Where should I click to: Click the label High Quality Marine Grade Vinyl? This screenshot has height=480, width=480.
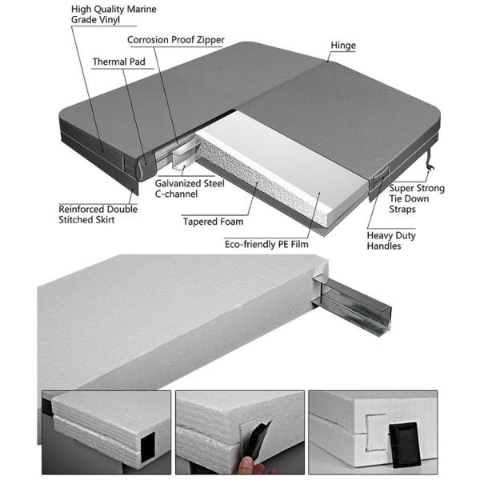pyautogui.click(x=114, y=14)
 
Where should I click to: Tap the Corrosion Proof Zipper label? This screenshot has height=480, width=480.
pyautogui.click(x=176, y=40)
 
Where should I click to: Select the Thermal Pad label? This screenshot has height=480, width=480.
pyautogui.click(x=118, y=62)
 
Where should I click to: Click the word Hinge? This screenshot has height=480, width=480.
pyautogui.click(x=343, y=46)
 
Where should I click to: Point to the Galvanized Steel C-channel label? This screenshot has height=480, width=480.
pyautogui.click(x=190, y=189)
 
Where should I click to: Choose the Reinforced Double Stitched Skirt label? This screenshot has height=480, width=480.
pyautogui.click(x=98, y=214)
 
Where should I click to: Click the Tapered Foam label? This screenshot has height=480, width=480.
pyautogui.click(x=213, y=222)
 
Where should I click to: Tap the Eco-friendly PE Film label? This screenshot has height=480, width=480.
pyautogui.click(x=266, y=244)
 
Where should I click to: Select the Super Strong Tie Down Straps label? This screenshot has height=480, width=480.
pyautogui.click(x=417, y=198)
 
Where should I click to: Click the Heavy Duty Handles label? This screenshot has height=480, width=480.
pyautogui.click(x=391, y=241)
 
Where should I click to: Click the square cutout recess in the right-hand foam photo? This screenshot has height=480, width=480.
pyautogui.click(x=376, y=432)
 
